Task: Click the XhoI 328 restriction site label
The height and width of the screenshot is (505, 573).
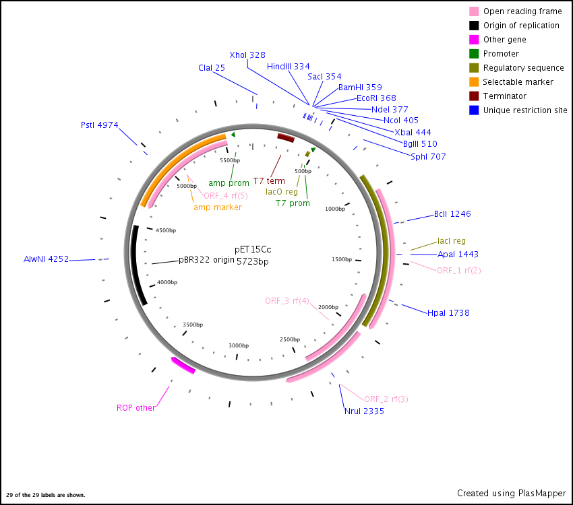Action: click(247, 55)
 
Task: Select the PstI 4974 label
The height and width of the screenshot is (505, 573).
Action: click(99, 125)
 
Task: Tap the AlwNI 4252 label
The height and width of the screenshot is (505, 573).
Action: click(46, 259)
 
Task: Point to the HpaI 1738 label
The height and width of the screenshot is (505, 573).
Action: click(448, 312)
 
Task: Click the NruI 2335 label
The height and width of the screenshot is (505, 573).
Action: click(364, 411)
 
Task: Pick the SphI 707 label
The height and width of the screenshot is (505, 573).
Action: click(428, 157)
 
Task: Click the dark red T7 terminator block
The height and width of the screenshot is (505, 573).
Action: click(286, 138)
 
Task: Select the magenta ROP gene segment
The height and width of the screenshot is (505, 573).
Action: click(183, 366)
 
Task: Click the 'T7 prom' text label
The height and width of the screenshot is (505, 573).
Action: click(293, 203)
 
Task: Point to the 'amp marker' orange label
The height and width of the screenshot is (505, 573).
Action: click(217, 207)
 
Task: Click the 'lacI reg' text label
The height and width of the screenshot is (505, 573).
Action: click(451, 240)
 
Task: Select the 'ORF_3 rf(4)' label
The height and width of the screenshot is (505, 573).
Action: click(286, 300)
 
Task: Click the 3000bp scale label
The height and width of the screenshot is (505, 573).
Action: click(239, 345)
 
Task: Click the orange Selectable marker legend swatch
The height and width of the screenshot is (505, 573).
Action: click(474, 82)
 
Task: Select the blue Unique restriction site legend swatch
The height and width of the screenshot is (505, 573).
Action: click(474, 110)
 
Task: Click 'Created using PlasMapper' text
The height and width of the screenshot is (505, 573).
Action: click(511, 493)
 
